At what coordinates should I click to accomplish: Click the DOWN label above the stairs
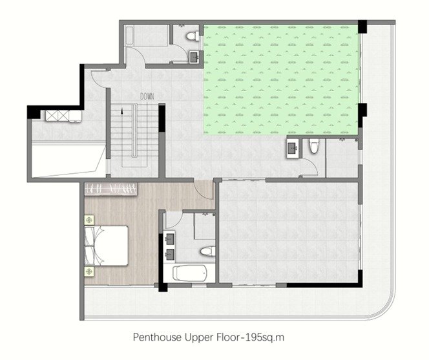pos(147,96)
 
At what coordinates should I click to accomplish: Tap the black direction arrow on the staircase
pos(122,111)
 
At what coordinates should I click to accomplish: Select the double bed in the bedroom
pos(107,246)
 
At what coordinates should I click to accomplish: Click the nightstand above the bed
pos(89,220)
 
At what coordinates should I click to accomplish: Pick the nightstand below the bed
pos(89,271)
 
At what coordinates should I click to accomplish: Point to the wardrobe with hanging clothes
pos(111,189)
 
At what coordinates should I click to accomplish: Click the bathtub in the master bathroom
pos(190,273)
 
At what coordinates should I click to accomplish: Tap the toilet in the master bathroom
pos(207,251)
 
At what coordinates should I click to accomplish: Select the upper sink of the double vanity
pos(170,238)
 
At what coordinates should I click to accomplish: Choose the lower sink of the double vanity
pos(170,254)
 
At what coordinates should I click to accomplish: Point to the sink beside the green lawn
pos(194,58)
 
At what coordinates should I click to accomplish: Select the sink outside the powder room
pos(293,148)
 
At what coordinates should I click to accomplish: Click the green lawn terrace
pos(281,79)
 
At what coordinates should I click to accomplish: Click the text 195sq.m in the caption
pos(265,337)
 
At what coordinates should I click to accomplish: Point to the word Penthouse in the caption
pos(158,337)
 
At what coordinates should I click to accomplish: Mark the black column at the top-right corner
pos(362,26)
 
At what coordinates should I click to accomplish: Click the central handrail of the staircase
pos(134,131)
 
